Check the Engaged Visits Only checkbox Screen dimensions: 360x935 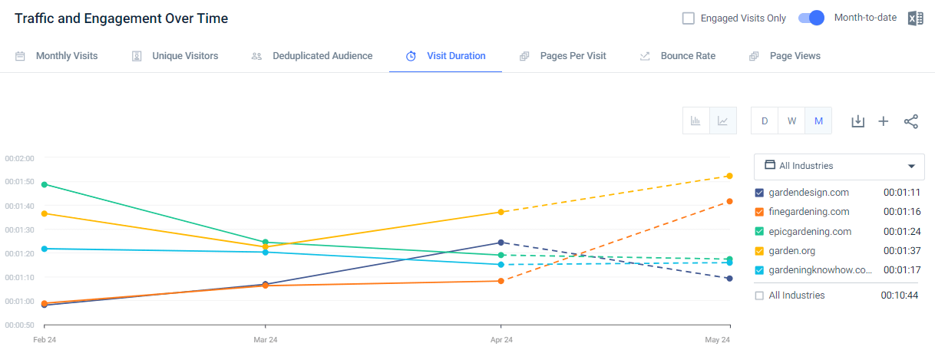pos(689,18)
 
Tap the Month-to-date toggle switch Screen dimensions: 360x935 pos(811,18)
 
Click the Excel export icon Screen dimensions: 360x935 pos(915,18)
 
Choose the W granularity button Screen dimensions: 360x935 pos(791,121)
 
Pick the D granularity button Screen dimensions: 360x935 pos(765,121)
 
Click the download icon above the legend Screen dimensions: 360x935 pos(858,121)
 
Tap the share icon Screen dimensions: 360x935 pos(911,121)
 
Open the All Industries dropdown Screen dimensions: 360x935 pos(839,166)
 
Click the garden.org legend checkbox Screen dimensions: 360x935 pos(760,251)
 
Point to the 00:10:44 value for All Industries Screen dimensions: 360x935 pos(901,296)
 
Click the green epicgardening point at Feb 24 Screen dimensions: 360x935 pos(45,184)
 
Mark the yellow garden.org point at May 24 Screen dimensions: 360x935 pos(729,177)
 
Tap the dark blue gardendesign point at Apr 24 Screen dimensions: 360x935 pos(501,243)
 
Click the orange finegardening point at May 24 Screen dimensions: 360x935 pos(729,202)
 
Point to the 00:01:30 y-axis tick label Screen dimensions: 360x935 pos(20,230)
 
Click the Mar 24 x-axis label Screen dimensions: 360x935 pos(265,339)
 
